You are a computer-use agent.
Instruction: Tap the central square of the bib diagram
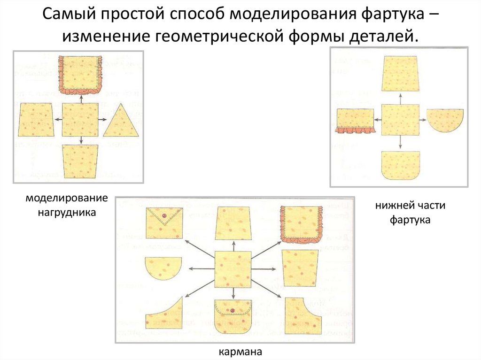[x=81, y=120]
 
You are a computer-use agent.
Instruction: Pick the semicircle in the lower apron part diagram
[x=445, y=119]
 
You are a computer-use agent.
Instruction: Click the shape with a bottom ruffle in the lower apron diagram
[x=355, y=121]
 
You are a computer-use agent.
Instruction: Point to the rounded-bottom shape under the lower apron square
[x=400, y=165]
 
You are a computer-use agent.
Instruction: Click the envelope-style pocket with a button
[x=163, y=223]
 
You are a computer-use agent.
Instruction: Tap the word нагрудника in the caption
[x=67, y=212]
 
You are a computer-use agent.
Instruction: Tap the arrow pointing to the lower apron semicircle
[x=422, y=120]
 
